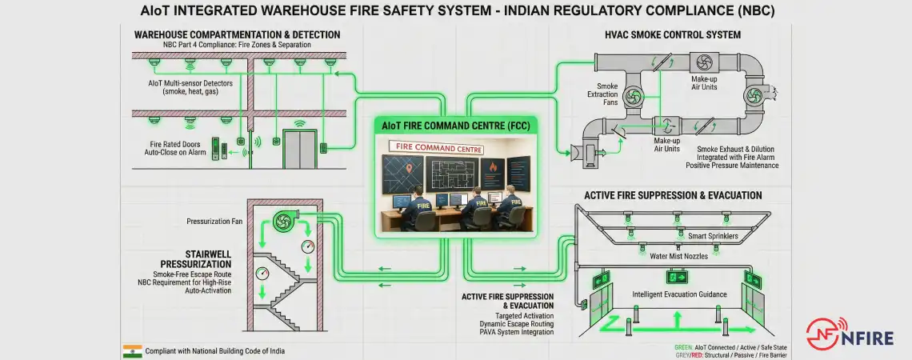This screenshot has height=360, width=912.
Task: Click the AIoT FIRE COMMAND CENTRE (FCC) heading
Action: [x=456, y=126]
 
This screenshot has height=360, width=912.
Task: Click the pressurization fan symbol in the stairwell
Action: [x=282, y=222]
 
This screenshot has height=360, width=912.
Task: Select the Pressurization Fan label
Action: [x=214, y=221]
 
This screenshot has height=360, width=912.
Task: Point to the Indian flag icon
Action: [x=132, y=351]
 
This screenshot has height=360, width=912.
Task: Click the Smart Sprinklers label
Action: [x=713, y=237]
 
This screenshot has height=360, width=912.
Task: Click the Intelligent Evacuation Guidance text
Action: [x=679, y=294]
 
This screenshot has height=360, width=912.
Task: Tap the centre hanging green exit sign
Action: [x=678, y=278]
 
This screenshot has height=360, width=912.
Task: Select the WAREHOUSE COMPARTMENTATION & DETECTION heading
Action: [x=237, y=35]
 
